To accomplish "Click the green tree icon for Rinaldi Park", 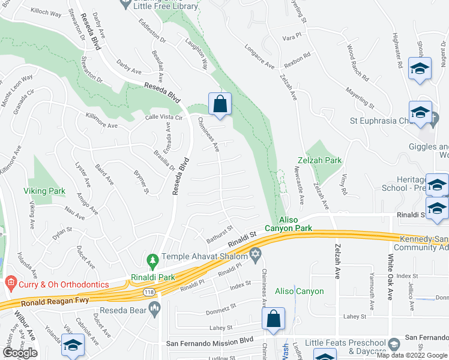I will pos(152,261).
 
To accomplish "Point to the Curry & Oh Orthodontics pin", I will pos(9,282).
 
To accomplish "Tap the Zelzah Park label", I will pos(319,161).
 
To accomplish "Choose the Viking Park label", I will pos(44,191).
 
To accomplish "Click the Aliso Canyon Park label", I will pos(295,224).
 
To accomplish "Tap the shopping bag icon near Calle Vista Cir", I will pos(220,103).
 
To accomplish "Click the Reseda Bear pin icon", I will pos(155,310).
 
